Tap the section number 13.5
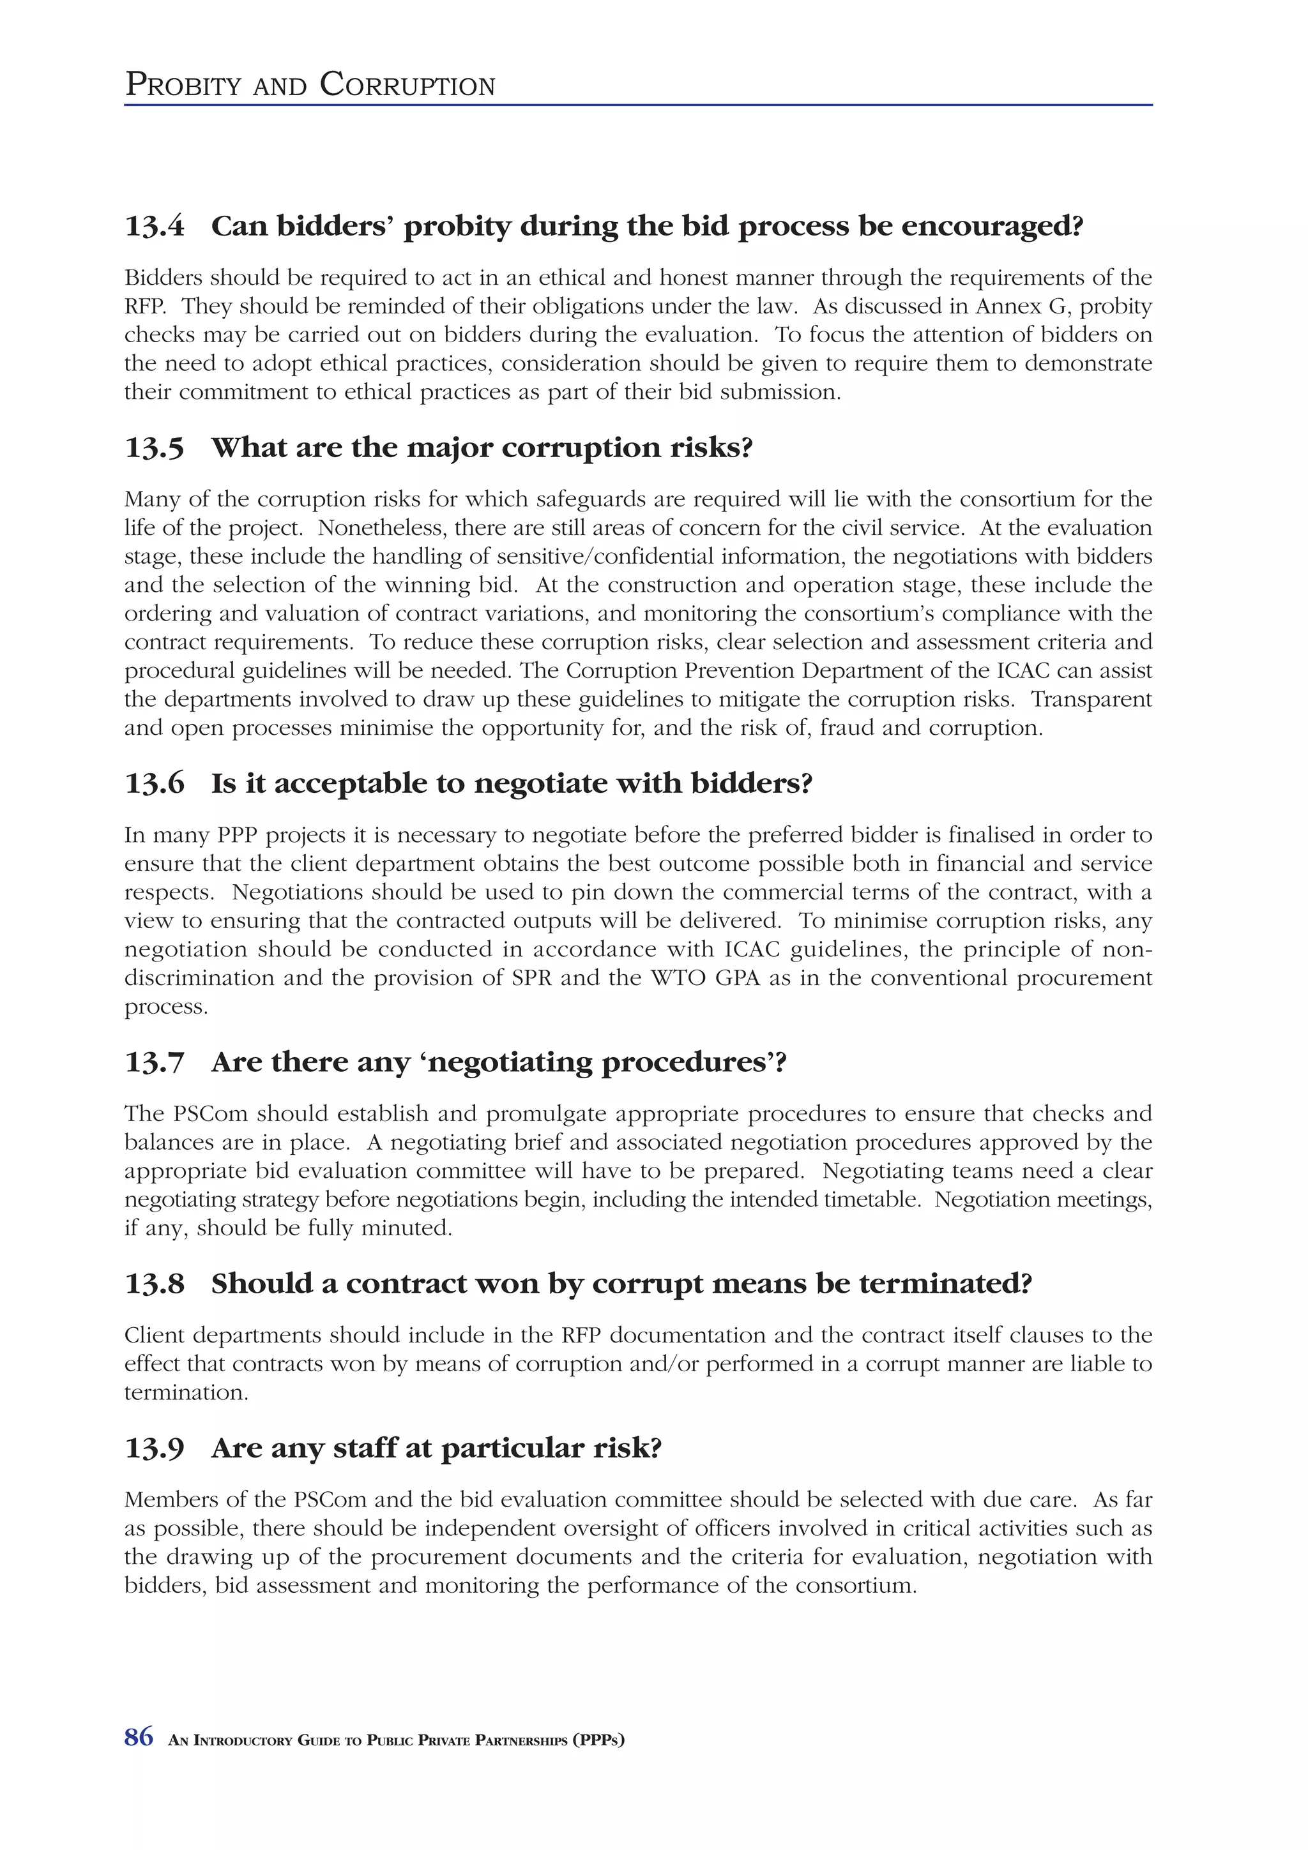coord(154,448)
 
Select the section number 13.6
coord(154,783)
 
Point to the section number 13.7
coord(154,1062)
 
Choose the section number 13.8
coord(154,1284)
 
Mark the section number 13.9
coord(154,1448)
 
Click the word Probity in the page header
coord(183,86)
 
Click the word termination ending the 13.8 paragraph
coord(185,1392)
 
